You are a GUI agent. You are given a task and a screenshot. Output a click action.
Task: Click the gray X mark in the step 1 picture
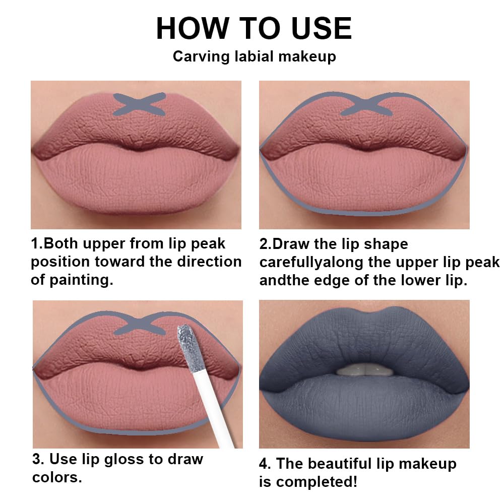pos(139,104)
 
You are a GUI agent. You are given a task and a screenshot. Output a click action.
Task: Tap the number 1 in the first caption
pos(35,244)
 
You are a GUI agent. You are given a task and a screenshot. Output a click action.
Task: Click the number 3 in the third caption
pos(36,459)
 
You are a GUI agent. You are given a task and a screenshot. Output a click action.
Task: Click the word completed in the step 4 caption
pos(311,481)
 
